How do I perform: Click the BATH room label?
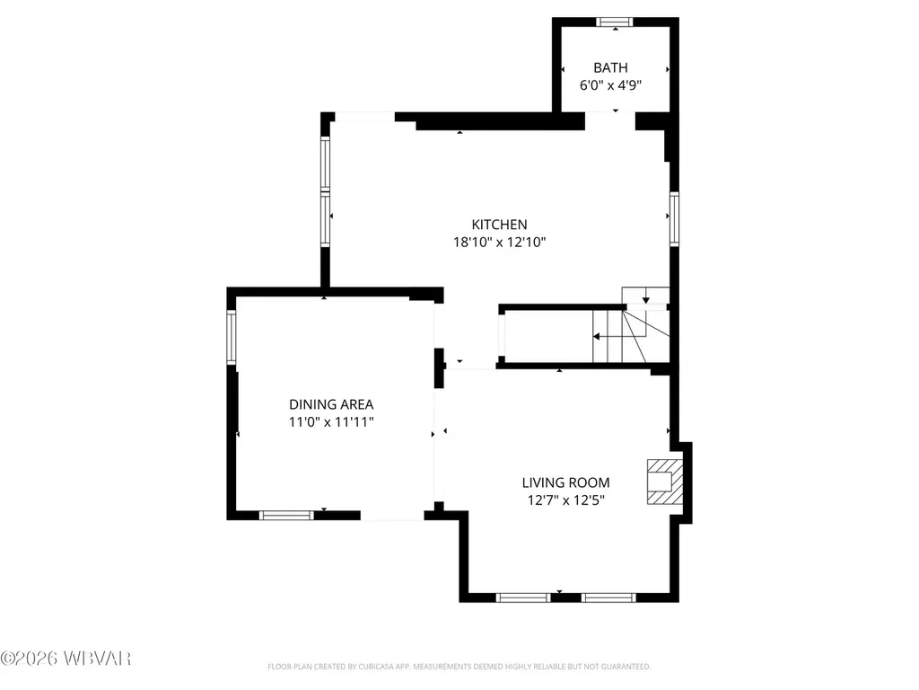(610, 68)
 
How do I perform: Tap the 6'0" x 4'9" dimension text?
(610, 85)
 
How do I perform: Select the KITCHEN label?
(499, 225)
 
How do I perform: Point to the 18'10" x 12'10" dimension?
(499, 243)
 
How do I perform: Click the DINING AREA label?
(331, 404)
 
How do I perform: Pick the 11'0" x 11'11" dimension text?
(331, 422)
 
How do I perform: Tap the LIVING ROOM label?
(565, 482)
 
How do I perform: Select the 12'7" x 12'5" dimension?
(565, 500)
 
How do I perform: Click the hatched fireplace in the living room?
(665, 482)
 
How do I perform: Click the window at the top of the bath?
(615, 22)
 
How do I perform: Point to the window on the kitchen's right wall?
(675, 219)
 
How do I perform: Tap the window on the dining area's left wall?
(232, 338)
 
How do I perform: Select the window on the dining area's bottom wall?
(286, 515)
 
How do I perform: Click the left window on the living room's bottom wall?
(523, 597)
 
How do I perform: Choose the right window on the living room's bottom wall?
(608, 597)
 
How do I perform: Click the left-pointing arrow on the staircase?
(619, 337)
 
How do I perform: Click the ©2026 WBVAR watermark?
(66, 659)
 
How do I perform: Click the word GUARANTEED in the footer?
(628, 667)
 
